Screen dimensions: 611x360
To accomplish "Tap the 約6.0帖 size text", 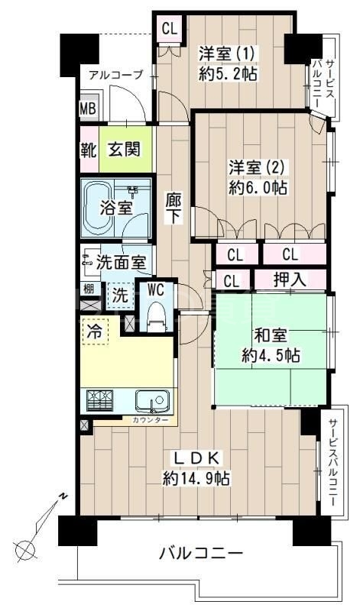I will pos(257,187).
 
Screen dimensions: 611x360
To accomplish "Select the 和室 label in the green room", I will pos(270,335).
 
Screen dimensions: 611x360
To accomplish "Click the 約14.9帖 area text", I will pos(196,479).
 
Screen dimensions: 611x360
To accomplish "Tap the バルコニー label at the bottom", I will pos(201,552).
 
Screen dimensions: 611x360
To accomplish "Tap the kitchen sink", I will pos(151,400).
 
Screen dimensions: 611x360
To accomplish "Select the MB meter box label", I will pos(88,108).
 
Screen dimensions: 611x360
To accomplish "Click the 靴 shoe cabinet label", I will pos(89,148).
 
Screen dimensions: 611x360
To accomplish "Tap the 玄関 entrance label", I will pos(123,148).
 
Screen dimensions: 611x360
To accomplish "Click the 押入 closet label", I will pos(290,280).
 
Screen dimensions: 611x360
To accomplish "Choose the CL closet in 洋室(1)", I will pos(169,30).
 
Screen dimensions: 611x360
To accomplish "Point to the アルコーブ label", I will pos(115,75).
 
